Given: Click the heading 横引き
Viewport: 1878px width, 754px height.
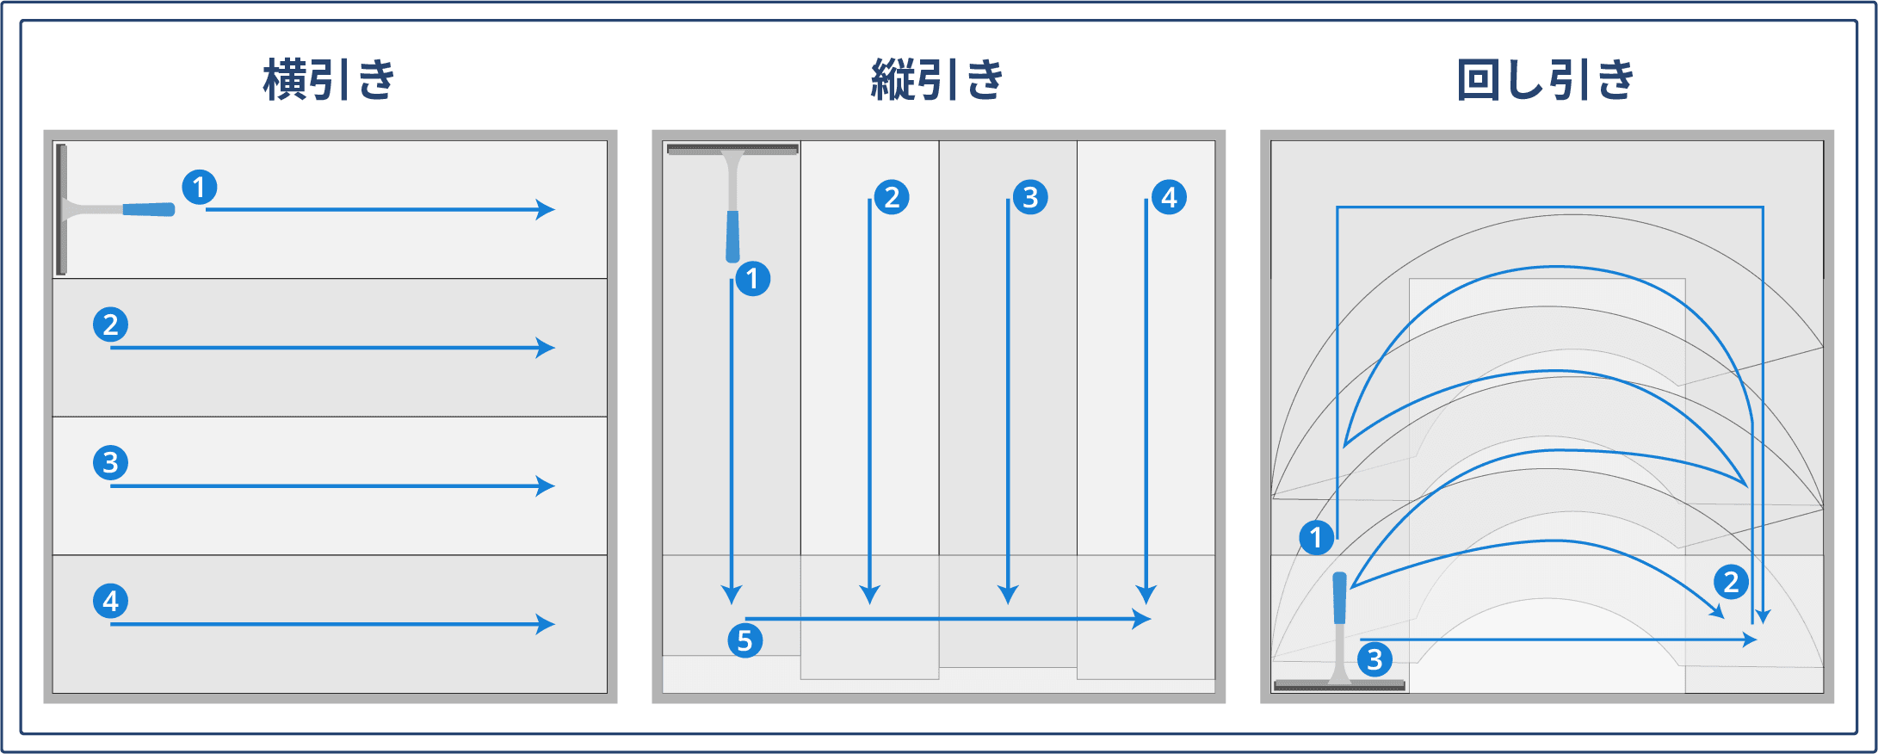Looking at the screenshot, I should coord(329,80).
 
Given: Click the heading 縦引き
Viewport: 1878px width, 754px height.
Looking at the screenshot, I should coord(937,80).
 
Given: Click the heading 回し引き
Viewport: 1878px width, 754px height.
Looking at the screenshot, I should coord(1546,80).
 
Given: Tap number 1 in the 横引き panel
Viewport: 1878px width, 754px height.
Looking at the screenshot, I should coord(199,187).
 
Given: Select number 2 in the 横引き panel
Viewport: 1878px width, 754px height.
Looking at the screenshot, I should coord(110,324).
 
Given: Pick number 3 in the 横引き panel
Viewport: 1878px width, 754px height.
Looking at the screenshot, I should coord(110,463).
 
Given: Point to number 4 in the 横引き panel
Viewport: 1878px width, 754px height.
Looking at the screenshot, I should coord(110,601).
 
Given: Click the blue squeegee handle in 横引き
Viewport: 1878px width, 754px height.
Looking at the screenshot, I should coord(148,209).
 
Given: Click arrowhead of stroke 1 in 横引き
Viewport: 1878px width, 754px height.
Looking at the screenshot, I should coord(547,209).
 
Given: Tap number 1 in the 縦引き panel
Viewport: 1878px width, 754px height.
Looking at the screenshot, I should coord(752,278).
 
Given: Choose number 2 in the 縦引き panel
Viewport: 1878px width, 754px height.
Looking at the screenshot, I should coord(892,197).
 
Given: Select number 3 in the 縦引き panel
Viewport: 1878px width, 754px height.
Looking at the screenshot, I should coord(1030,197).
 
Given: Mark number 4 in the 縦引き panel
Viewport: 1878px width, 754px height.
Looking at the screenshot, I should coord(1169,197).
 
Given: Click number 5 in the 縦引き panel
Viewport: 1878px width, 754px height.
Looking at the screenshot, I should coord(744,640).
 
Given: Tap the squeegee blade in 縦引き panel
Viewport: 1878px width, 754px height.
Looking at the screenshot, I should coord(732,150).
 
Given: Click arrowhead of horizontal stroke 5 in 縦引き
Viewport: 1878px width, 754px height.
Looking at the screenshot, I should coord(1143,618).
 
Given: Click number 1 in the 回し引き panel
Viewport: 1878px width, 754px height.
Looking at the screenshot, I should coord(1316,538).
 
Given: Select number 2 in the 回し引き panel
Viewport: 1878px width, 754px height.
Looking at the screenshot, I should coord(1731,582).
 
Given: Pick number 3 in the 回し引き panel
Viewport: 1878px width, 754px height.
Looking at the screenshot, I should coord(1375,659).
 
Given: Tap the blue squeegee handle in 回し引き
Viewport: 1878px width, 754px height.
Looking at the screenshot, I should coord(1339,598).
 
